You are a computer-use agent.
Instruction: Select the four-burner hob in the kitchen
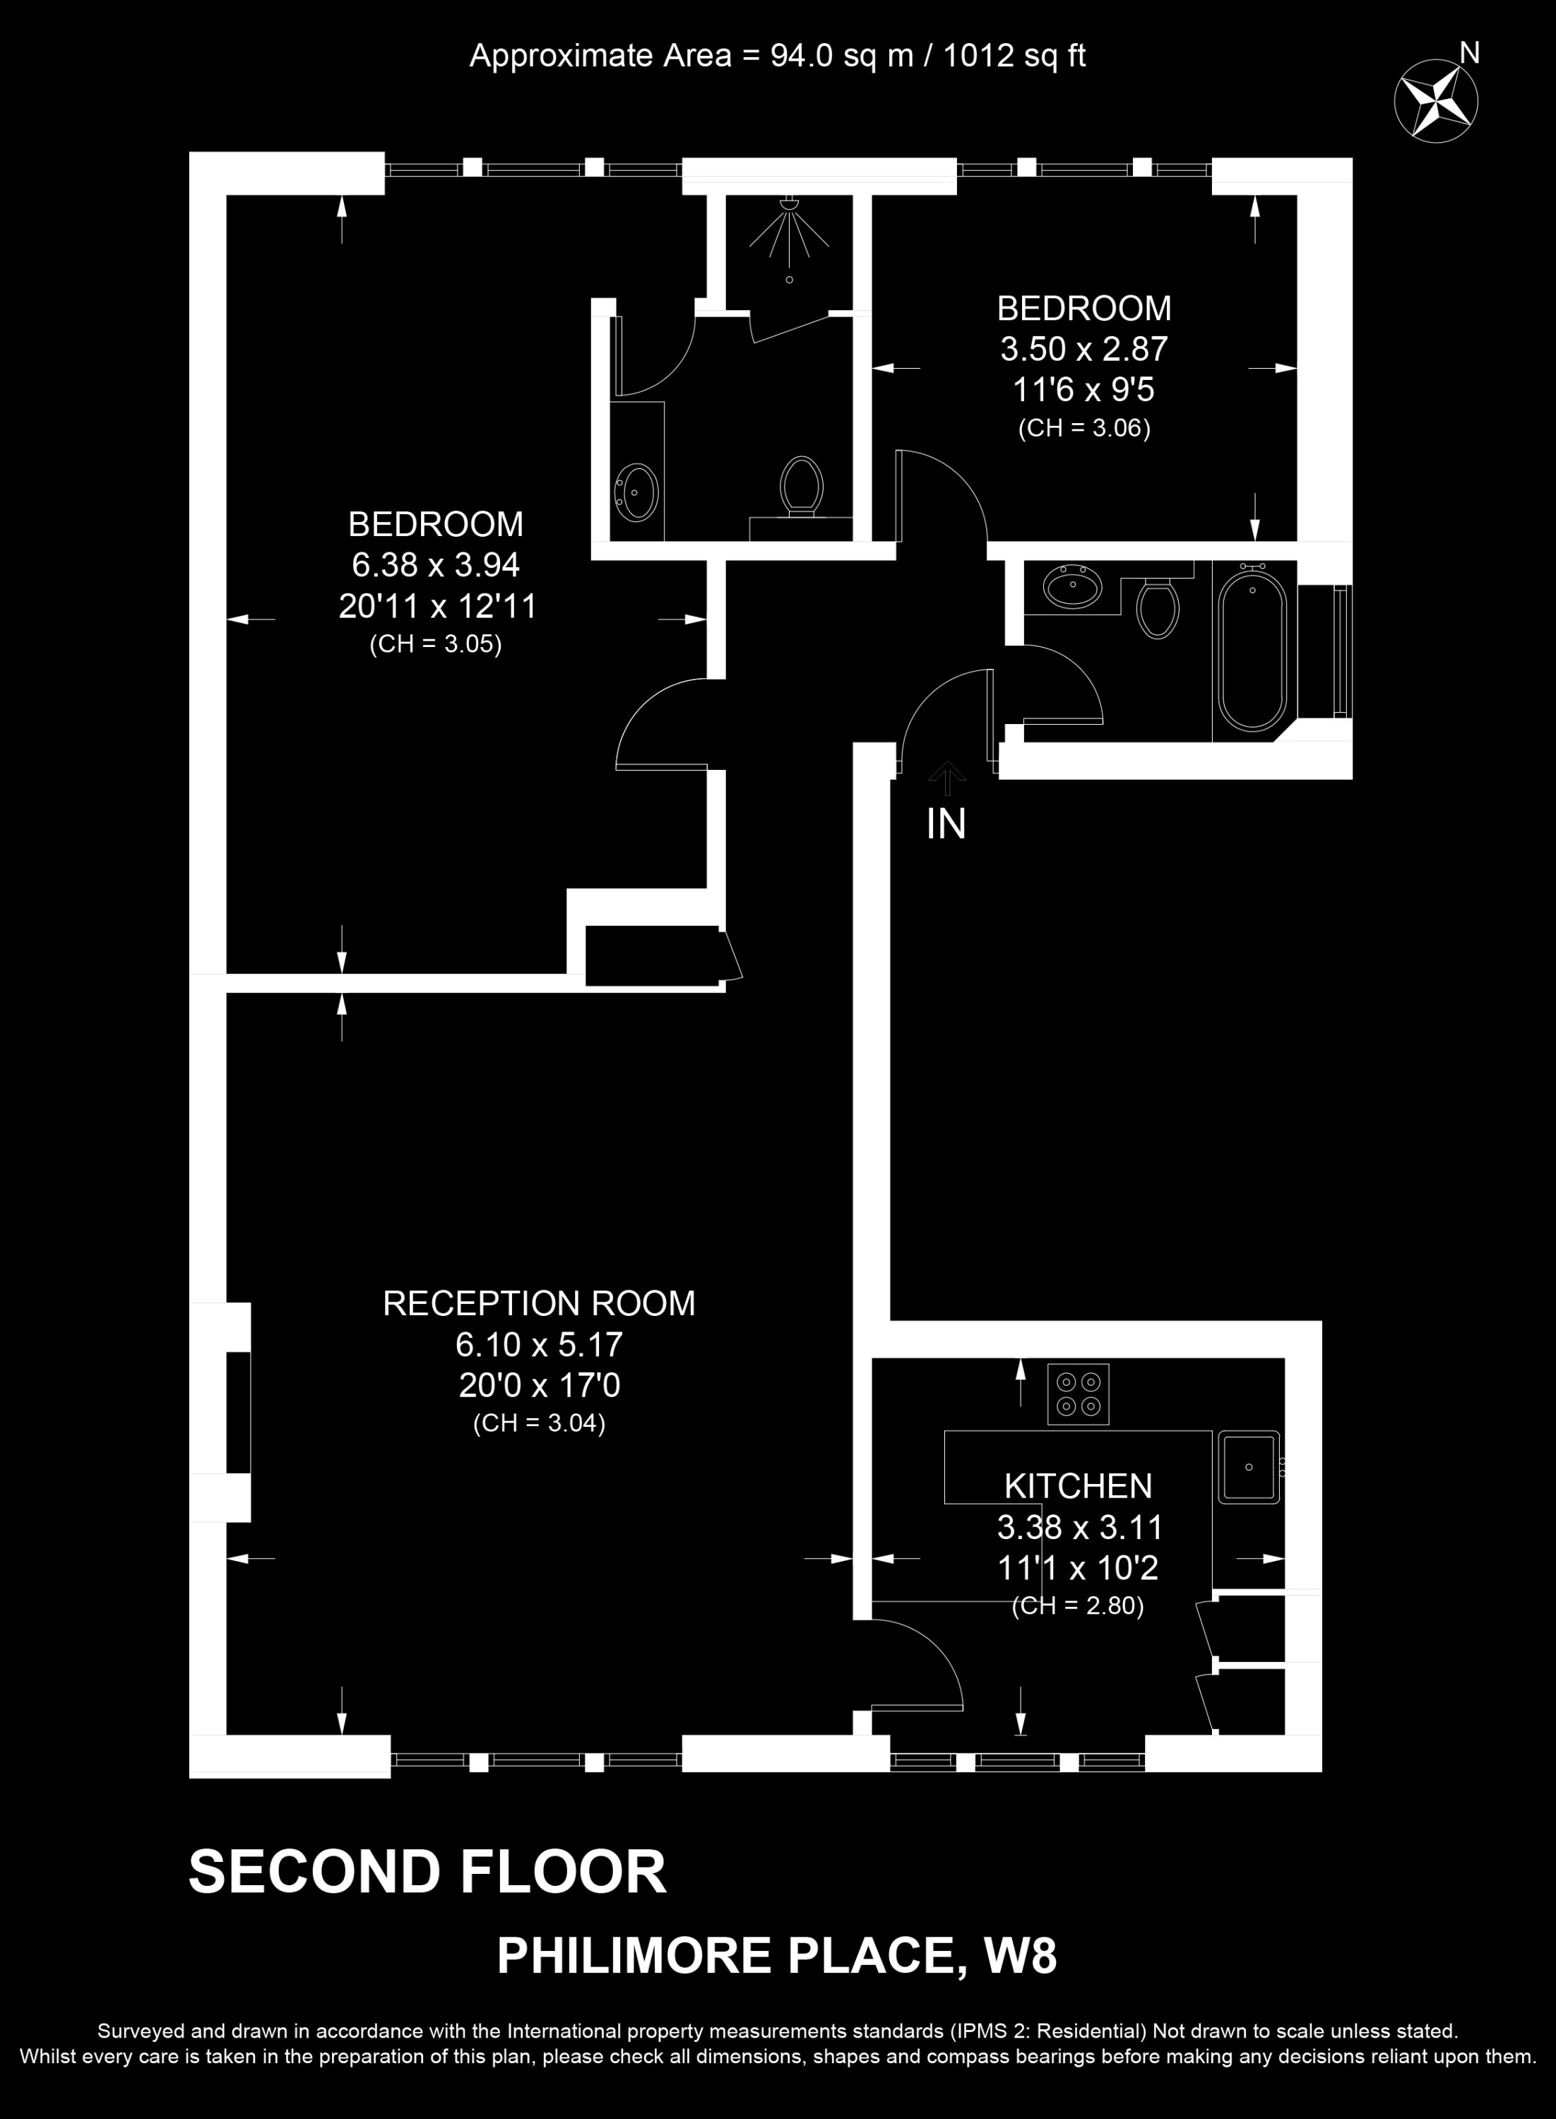point(1079,1394)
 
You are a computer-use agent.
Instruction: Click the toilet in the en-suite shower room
point(802,486)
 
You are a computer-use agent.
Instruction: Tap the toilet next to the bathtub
point(1158,607)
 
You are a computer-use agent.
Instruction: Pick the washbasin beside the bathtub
point(1073,588)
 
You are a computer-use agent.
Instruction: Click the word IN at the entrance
point(946,825)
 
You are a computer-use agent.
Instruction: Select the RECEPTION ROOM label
point(539,1303)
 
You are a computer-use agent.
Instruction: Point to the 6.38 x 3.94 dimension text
point(436,565)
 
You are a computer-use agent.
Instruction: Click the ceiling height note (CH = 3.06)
point(1084,429)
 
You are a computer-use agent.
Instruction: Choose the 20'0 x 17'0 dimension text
point(540,1385)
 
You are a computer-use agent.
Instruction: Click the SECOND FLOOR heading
point(427,1871)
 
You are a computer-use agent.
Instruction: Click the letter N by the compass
point(1469,54)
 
